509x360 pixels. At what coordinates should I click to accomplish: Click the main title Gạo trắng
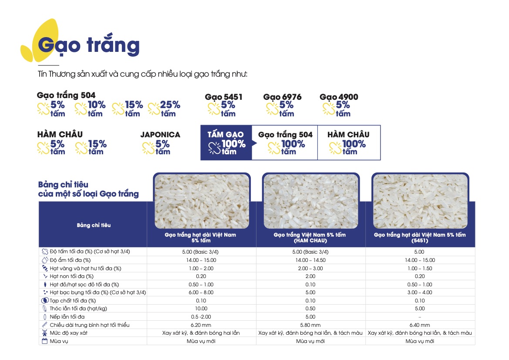point(89,45)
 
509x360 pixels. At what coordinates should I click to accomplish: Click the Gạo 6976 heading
point(282,97)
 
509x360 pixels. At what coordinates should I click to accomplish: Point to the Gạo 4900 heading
point(339,97)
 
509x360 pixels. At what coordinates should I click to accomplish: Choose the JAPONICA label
point(160,135)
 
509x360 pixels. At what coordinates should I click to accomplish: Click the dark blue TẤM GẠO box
point(226,143)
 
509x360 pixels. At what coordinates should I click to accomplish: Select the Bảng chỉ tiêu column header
point(94,225)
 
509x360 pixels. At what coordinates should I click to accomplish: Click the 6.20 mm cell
point(201,325)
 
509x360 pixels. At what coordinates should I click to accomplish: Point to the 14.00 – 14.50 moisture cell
point(310,260)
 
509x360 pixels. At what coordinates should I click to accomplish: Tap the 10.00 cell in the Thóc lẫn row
point(201,309)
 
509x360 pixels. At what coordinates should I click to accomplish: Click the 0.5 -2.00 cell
point(201,317)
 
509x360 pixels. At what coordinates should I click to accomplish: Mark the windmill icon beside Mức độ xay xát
point(44,333)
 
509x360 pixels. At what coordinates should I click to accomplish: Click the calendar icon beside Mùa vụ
point(44,341)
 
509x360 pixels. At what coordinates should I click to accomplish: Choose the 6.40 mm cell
point(420,325)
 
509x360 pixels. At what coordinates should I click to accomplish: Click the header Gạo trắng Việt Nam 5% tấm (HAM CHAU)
point(310,238)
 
